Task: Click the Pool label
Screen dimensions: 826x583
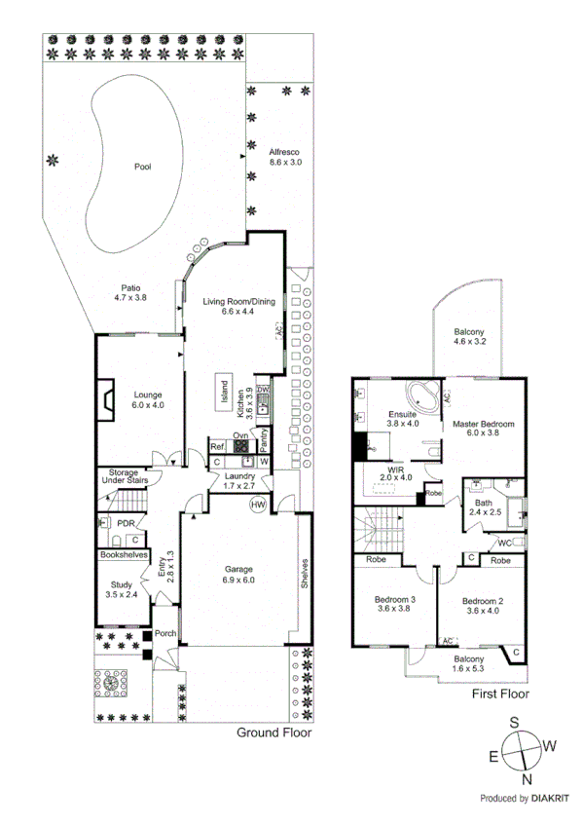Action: pyautogui.click(x=142, y=168)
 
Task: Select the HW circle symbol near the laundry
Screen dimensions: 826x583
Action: pyautogui.click(x=258, y=505)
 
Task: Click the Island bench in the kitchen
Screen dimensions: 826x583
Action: pyautogui.click(x=223, y=393)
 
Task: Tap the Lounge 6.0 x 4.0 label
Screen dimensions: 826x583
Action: pyautogui.click(x=134, y=399)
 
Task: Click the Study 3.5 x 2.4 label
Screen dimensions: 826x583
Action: pyautogui.click(x=122, y=590)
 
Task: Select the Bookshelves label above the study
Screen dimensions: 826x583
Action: pyautogui.click(x=124, y=555)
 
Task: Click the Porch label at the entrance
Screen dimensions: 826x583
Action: pyautogui.click(x=165, y=633)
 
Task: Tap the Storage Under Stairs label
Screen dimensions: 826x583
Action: pyautogui.click(x=123, y=478)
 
